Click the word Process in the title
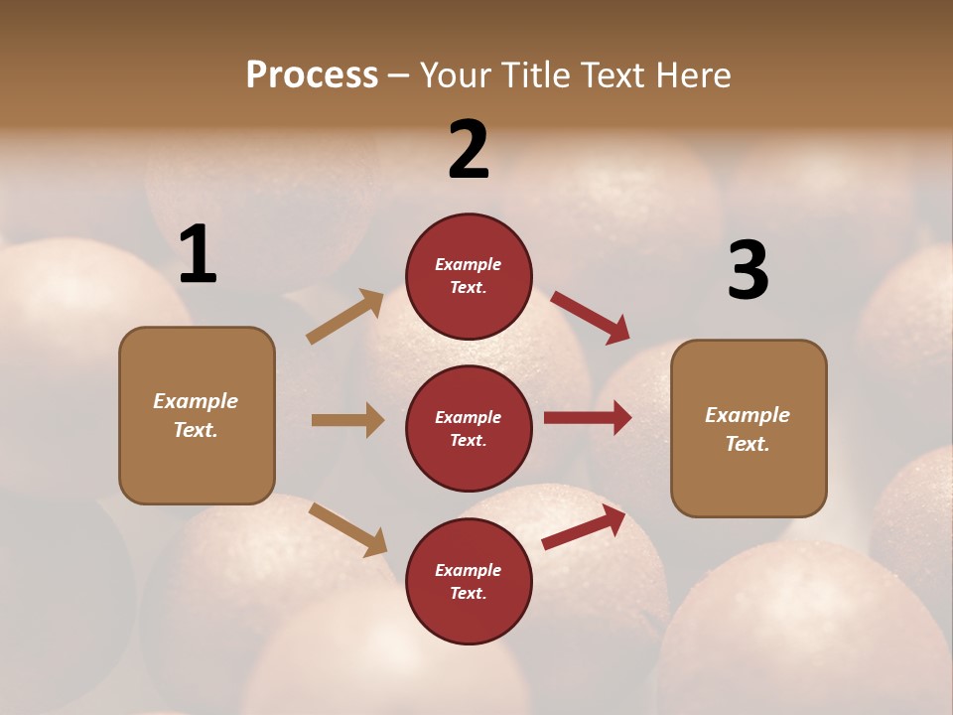click(x=312, y=75)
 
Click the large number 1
click(x=198, y=255)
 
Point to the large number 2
click(x=469, y=150)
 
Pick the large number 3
click(x=748, y=270)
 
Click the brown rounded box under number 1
click(x=197, y=415)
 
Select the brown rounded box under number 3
click(x=749, y=429)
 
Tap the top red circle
click(x=469, y=276)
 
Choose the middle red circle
click(x=469, y=428)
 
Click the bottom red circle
click(x=469, y=581)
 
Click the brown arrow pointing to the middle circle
click(x=347, y=420)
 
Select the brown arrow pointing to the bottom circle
click(x=347, y=529)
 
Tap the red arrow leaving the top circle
click(x=591, y=317)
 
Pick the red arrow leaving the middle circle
click(x=588, y=418)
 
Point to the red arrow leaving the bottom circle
click(x=584, y=527)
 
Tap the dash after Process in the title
click(x=398, y=75)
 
